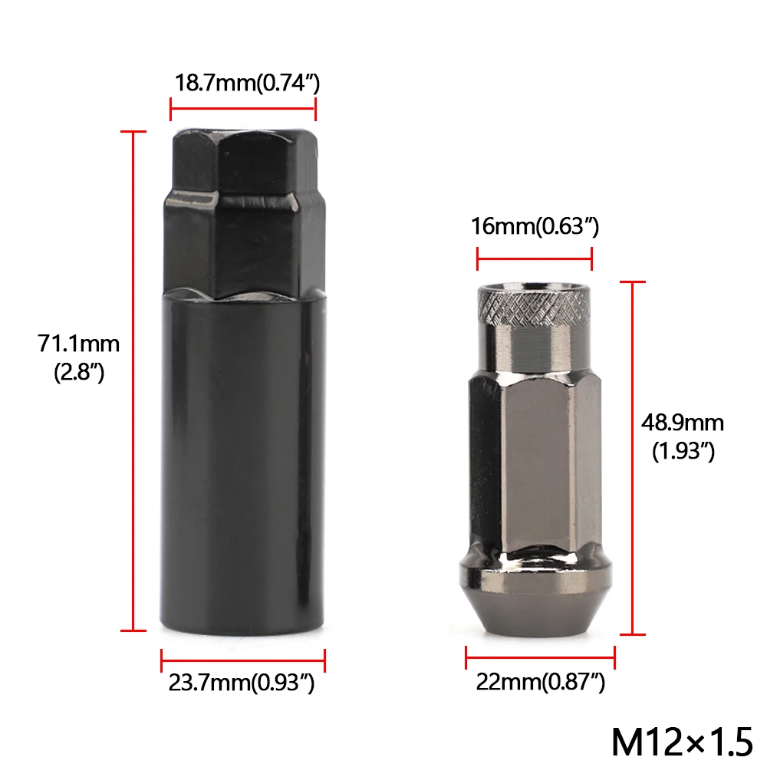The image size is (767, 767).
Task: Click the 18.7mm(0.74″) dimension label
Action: coord(243,82)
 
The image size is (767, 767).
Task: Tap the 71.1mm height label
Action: coord(79,343)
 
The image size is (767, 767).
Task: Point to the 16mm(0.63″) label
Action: coord(535,226)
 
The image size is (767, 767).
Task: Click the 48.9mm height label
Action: coord(683,423)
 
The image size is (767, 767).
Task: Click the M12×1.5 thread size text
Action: coord(683,741)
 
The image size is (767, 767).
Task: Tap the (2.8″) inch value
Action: coord(79,373)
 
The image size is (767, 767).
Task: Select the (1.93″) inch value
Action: coord(683,452)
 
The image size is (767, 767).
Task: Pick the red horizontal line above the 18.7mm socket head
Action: coord(242,109)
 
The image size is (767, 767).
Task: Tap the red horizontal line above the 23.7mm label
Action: coord(243,659)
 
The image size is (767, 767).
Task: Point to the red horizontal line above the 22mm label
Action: coord(540,657)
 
